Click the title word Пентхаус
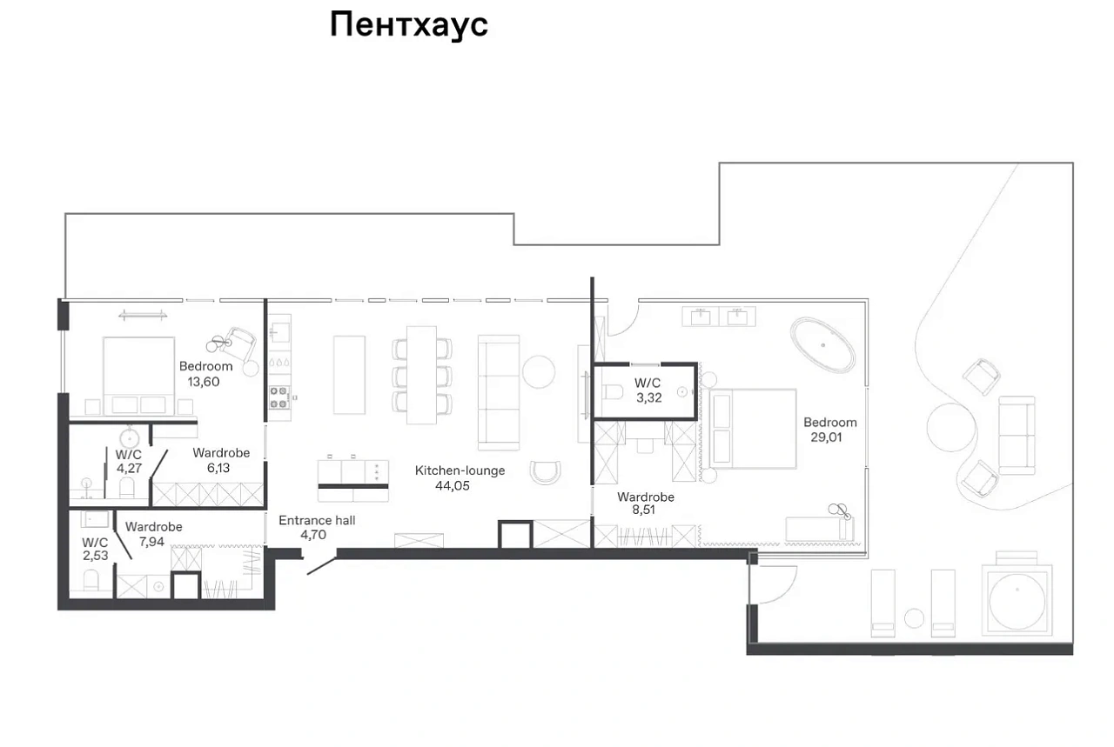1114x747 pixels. (x=409, y=25)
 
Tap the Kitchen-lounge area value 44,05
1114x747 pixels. (x=452, y=486)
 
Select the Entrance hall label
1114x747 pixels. (x=317, y=520)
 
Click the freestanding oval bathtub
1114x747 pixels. (x=823, y=345)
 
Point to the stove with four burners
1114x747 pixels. (x=279, y=397)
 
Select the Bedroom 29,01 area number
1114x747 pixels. (x=826, y=437)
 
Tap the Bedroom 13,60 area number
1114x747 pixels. (x=204, y=382)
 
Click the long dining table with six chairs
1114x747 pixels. (x=422, y=376)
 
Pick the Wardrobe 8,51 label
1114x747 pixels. (x=646, y=503)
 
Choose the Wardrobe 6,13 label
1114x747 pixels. (x=221, y=460)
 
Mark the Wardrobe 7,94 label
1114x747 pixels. (x=153, y=534)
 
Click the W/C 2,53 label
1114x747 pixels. (x=95, y=550)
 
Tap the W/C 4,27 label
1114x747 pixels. (x=129, y=461)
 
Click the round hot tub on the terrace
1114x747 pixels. (x=1017, y=601)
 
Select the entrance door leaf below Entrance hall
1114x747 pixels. (x=321, y=565)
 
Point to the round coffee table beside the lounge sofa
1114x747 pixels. (x=539, y=371)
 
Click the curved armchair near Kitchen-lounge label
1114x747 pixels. (x=546, y=471)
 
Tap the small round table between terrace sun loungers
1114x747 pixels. (x=914, y=618)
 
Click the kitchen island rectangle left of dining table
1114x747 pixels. (x=349, y=375)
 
